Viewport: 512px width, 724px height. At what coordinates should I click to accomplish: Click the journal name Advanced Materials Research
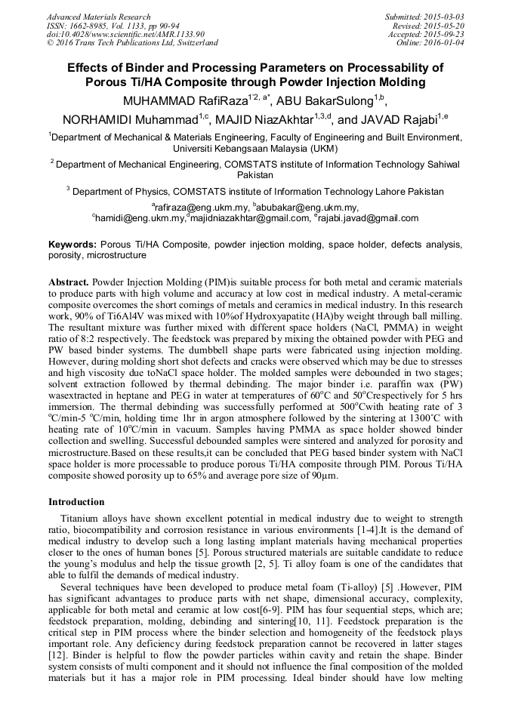tap(98, 17)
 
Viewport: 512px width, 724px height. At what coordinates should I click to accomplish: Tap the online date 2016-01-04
tap(445, 43)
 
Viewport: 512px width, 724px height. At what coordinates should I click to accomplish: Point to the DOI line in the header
tap(125, 34)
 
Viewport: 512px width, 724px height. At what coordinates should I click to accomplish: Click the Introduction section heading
tap(76, 502)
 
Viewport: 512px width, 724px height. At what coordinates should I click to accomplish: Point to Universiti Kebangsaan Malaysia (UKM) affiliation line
tap(255, 149)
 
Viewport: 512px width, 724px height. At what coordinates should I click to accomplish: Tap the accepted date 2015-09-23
tap(443, 34)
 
